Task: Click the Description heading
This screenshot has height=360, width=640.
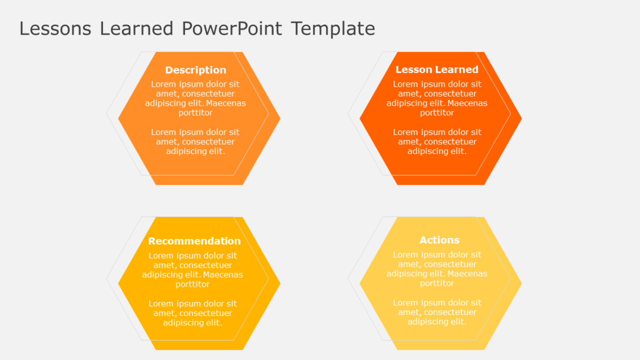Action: tap(195, 70)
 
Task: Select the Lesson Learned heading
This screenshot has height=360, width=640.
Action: tap(437, 69)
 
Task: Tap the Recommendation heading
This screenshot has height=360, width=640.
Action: tap(194, 241)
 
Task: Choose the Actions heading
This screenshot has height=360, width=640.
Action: tap(439, 240)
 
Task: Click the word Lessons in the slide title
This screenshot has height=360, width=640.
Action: tap(55, 28)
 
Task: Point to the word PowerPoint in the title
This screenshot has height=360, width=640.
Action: tap(232, 28)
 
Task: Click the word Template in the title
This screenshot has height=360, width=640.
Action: tap(333, 28)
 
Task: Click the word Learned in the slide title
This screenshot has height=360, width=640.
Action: tap(137, 28)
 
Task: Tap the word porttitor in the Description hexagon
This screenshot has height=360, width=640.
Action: tap(195, 113)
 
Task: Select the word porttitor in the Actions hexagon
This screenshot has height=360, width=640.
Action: tap(437, 283)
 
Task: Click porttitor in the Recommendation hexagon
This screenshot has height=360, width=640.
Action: tap(193, 284)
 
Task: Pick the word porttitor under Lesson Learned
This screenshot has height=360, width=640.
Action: tap(437, 113)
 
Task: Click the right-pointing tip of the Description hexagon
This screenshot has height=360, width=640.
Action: tap(279, 118)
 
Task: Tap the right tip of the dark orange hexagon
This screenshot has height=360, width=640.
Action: tap(521, 118)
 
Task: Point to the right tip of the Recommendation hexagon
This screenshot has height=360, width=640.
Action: tap(279, 283)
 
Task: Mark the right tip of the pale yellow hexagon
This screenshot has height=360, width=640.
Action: tap(521, 283)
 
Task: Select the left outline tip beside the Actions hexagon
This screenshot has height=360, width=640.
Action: tap(348, 279)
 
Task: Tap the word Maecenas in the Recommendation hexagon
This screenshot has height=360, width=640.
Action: tap(223, 274)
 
